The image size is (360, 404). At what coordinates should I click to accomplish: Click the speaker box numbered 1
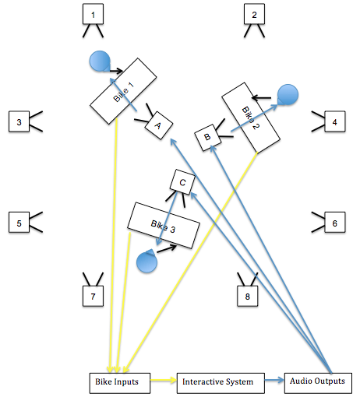coord(94,15)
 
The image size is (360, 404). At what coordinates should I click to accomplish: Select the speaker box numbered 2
coord(254,15)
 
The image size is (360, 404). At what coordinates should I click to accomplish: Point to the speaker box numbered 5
coord(19,223)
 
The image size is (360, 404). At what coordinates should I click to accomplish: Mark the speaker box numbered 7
coord(94,296)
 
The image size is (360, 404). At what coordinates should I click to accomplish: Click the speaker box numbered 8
coord(249,296)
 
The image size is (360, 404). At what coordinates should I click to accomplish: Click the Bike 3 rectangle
coord(162,226)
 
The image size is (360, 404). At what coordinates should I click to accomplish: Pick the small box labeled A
coord(157,125)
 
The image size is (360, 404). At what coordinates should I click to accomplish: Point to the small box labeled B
coord(207,137)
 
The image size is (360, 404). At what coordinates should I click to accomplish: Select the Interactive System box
coord(215,383)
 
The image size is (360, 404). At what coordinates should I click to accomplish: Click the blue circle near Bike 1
coord(99,61)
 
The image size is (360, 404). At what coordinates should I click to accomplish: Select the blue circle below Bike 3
coord(146,262)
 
